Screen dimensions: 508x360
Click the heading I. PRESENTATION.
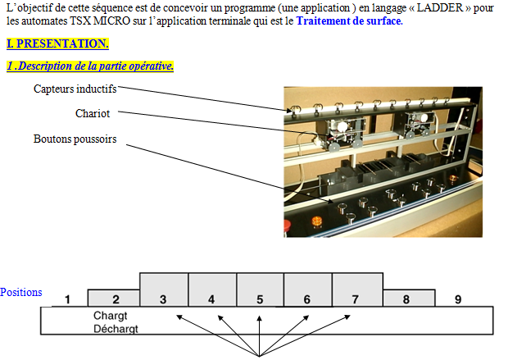(x=57, y=43)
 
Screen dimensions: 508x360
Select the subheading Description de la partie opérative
(x=90, y=66)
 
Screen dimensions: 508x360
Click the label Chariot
(x=93, y=113)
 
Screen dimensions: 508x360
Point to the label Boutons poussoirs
(x=75, y=139)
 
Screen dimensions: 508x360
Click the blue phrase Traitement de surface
(x=349, y=21)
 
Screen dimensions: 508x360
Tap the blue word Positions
(x=21, y=293)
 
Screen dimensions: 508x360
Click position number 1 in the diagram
(x=70, y=299)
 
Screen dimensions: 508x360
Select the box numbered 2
(x=116, y=299)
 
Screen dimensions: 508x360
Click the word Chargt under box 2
(x=111, y=316)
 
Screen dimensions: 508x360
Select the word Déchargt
(x=116, y=329)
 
